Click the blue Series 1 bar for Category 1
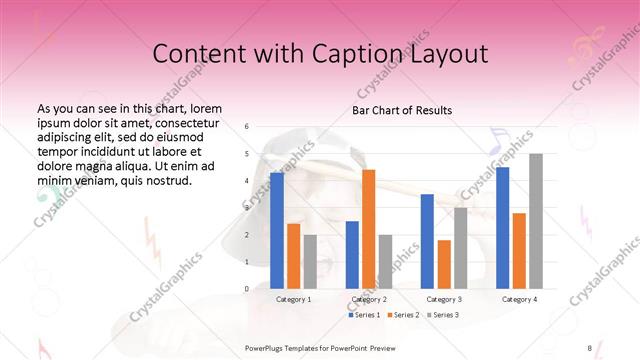276,231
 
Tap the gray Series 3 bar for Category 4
535,221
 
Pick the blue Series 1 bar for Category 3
427,241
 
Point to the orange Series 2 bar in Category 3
444,264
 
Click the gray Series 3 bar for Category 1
310,261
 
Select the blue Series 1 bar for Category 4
502,228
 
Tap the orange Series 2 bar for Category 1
293,256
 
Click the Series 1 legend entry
365,315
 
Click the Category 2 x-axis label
369,299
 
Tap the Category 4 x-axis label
519,299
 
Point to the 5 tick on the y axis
247,154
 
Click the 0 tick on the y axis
247,289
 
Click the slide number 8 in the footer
589,346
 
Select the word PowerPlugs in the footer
267,346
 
